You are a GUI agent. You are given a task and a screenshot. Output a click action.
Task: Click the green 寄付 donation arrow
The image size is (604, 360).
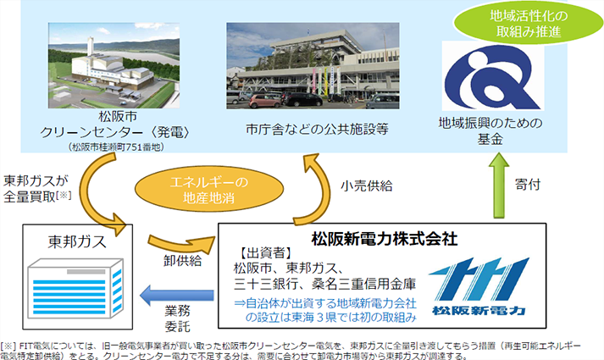pos(499,186)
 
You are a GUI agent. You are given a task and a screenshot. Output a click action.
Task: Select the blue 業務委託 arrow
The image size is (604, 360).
pos(177,296)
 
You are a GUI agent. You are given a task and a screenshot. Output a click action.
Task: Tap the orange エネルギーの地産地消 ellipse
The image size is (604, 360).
pos(209,190)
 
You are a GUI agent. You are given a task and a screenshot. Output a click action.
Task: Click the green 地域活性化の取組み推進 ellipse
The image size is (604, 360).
pos(529,23)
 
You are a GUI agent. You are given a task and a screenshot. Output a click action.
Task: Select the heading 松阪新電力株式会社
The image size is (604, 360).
pos(384,239)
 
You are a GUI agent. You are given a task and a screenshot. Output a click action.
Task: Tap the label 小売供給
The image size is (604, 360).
pos(366,186)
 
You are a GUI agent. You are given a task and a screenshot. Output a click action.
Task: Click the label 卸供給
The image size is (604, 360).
pos(183,261)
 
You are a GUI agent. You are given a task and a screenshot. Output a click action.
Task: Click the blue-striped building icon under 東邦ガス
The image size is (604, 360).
pos(75,288)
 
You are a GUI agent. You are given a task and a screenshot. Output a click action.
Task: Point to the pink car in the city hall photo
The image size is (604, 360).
pos(264,101)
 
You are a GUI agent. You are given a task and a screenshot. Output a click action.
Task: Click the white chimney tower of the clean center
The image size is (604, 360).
pos(91,47)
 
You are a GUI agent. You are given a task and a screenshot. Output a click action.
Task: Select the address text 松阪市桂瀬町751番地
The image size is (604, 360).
pos(116,147)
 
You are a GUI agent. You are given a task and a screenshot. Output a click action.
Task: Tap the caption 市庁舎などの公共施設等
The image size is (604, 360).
pos(317,130)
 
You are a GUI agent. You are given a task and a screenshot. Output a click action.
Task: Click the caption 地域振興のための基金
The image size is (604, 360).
pos(490,131)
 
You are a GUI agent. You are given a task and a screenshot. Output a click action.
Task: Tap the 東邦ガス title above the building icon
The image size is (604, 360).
pos(77,241)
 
